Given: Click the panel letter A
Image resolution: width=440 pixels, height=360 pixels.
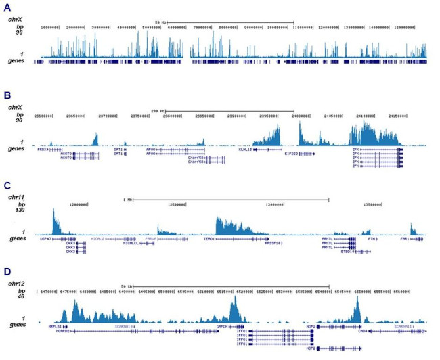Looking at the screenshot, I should (6, 7).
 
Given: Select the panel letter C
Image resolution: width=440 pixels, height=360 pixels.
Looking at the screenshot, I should (6, 185).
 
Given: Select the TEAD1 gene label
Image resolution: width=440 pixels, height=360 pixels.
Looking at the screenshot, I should (209, 239).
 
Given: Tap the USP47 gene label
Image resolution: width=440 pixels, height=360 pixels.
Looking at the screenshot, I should (46, 239).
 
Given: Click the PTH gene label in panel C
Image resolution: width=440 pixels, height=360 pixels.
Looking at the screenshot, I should (372, 239).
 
